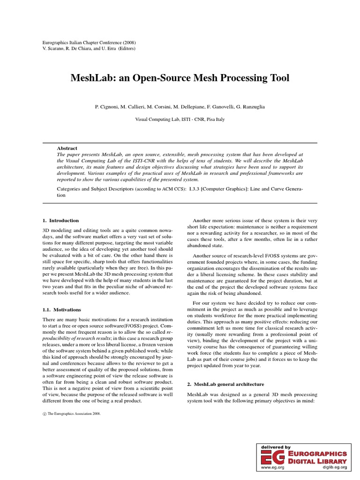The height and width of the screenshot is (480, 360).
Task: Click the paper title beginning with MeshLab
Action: point(180,78)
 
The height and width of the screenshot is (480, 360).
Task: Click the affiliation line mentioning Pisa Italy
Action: point(180,120)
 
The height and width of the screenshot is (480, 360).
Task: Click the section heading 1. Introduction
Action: point(60,220)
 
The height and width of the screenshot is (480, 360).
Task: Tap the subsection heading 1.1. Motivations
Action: point(61,309)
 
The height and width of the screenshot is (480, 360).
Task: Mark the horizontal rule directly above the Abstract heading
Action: point(180,141)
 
